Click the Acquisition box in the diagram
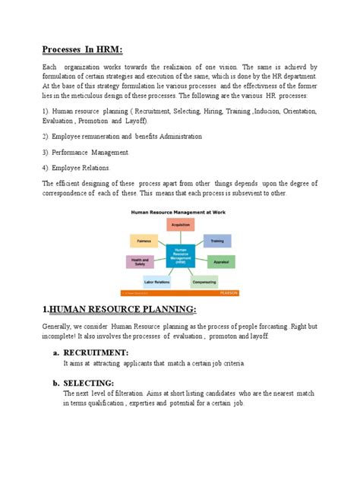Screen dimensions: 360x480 tap(180, 225)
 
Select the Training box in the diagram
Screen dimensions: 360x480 tap(216, 240)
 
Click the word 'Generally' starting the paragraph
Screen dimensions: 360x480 tap(58, 326)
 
